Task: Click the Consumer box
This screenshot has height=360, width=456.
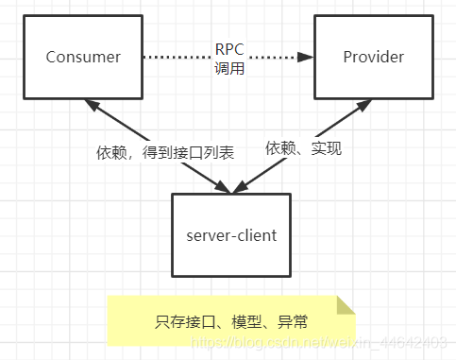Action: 83,57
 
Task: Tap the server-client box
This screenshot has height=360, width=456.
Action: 232,234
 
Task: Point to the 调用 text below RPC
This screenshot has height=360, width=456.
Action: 228,68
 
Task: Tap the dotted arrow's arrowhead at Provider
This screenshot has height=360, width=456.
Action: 306,57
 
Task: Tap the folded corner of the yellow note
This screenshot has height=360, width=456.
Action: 345,303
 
